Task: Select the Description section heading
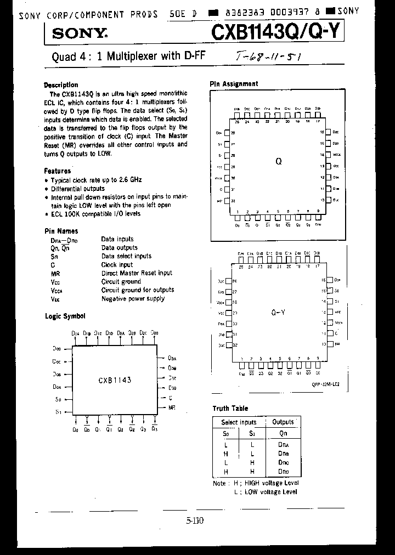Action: coord(61,85)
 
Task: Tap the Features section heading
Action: coord(58,171)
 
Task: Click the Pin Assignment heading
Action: coord(234,84)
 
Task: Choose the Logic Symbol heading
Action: coord(65,316)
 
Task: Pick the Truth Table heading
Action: coord(230,408)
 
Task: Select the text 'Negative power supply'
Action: coord(133,299)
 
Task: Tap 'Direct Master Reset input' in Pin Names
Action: coord(137,273)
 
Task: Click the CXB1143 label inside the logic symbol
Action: coord(115,380)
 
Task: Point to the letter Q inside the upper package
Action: coord(278,162)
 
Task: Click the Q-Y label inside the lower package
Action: coord(278,312)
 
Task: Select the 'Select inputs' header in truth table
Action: coord(239,422)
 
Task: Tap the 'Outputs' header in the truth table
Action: coord(283,422)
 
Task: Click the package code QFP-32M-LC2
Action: coord(325,384)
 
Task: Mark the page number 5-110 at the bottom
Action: coord(195,521)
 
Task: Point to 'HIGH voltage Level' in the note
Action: coord(272,483)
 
